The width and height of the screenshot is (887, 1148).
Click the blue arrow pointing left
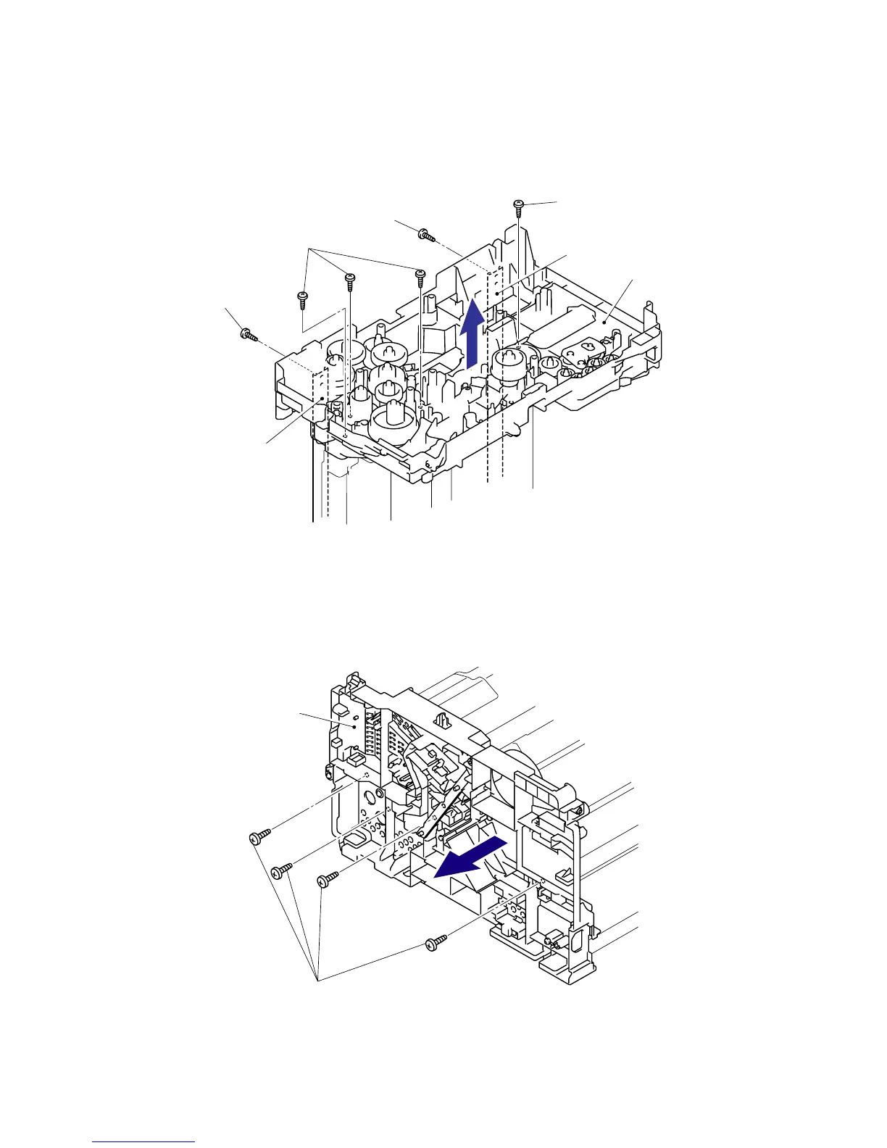pos(471,855)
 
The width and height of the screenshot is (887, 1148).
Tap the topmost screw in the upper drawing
pos(519,208)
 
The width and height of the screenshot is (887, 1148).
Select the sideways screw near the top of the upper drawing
pos(426,235)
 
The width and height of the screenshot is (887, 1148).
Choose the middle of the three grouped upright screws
pos(349,279)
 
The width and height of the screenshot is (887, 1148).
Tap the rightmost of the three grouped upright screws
pos(419,275)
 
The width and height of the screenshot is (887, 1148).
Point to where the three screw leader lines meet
pos(309,249)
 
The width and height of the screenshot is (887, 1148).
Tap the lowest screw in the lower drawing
pos(434,944)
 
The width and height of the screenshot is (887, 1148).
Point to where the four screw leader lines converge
pos(317,980)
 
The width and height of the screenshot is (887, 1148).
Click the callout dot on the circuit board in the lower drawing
pos(353,725)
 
